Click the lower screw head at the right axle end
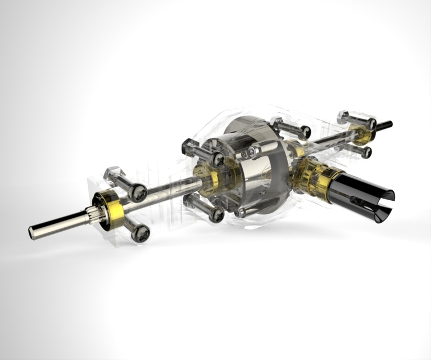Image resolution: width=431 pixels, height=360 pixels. coord(366,152)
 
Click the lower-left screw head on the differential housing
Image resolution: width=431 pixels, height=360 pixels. coord(216,214)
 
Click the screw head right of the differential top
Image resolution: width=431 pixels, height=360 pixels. coord(305,132)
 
